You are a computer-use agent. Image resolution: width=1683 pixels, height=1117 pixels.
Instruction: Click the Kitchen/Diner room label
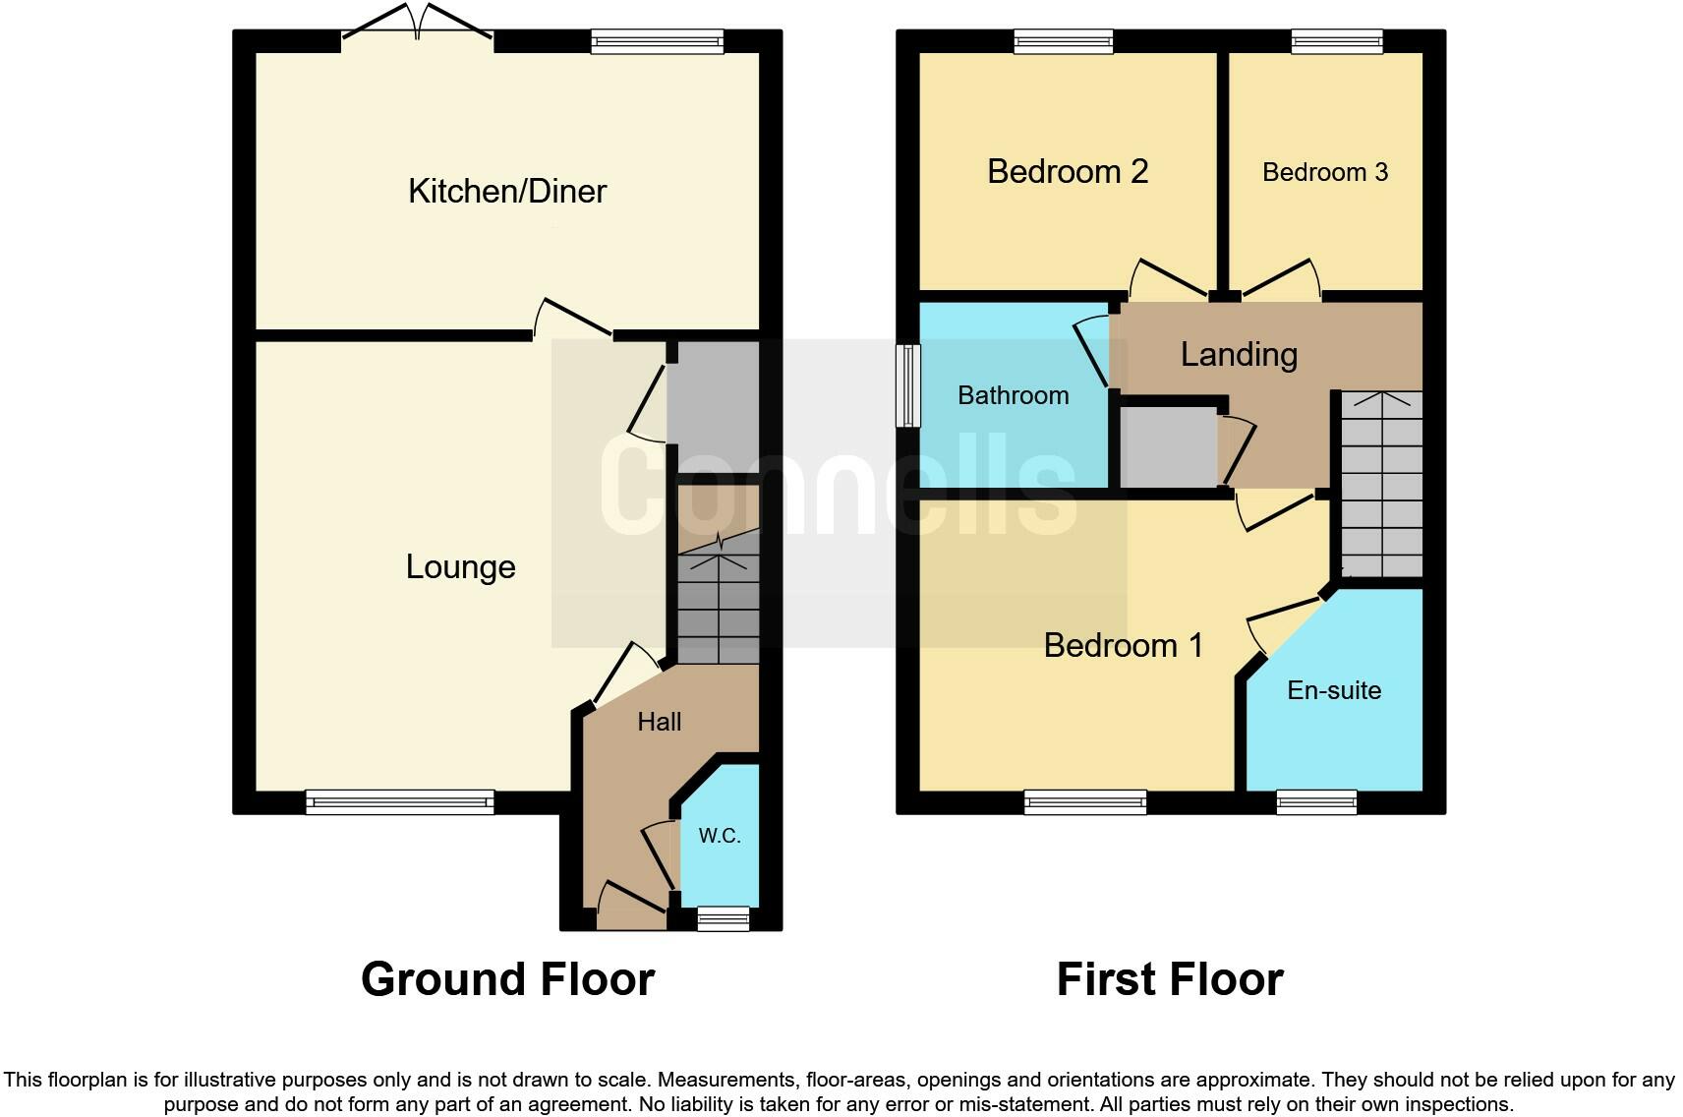507,191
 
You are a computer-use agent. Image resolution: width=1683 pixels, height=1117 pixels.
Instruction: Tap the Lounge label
460,566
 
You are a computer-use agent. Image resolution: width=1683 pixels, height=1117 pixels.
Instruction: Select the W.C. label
720,836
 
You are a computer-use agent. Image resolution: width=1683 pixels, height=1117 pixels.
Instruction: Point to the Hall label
659,722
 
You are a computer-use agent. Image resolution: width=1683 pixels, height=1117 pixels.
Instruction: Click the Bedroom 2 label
1068,171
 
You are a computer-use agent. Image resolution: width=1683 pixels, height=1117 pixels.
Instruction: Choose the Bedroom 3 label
1324,172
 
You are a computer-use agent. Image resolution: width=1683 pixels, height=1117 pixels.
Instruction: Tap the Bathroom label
1013,395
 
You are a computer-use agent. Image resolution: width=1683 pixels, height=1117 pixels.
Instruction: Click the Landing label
1239,354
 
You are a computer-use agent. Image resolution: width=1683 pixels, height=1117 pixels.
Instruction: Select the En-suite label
1334,690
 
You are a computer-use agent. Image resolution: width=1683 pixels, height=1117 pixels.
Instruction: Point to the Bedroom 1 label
1123,645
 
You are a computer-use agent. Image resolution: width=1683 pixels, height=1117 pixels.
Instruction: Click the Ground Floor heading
507,979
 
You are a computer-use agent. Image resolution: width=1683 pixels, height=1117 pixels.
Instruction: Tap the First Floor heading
1169,979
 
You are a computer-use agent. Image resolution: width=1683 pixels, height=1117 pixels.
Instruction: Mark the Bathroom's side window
908,385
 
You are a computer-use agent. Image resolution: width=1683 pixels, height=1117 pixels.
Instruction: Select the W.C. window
723,919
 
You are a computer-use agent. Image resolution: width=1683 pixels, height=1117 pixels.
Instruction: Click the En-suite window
1316,802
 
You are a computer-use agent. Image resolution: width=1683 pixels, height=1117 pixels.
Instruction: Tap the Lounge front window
399,802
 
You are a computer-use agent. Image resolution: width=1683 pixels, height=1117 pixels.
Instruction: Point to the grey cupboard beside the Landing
1168,447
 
